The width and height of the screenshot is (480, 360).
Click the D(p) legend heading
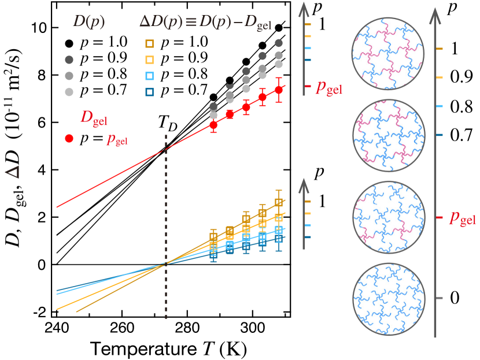(88, 22)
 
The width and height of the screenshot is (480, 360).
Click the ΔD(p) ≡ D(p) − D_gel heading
(206, 22)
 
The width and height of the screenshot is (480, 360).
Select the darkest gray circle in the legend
(69, 60)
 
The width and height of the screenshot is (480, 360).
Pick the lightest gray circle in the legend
(69, 92)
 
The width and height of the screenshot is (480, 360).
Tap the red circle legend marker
(69, 138)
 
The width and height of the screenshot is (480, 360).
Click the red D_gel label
(94, 117)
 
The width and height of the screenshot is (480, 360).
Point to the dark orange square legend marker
(149, 43)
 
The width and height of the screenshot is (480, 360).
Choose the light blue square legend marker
(149, 76)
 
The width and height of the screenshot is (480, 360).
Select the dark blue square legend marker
(149, 92)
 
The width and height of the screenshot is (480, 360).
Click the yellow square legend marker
(149, 60)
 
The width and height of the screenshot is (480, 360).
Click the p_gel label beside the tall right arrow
(463, 218)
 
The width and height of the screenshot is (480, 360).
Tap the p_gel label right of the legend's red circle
(117, 139)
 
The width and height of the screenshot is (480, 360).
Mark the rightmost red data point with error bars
(279, 90)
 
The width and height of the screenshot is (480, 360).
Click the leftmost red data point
(213, 125)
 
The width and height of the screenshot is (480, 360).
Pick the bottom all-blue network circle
(389, 299)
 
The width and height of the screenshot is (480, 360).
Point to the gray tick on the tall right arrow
(440, 298)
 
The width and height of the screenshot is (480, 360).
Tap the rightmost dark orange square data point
(279, 202)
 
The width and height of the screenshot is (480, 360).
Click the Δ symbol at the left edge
(12, 172)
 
